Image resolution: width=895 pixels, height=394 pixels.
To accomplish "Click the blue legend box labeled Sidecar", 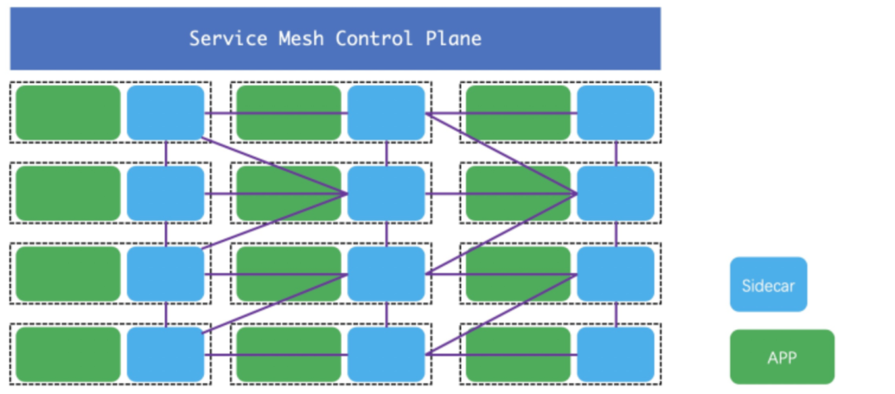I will point(768,285).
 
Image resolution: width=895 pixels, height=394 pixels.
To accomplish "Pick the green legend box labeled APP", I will point(781,357).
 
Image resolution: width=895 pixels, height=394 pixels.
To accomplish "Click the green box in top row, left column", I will point(68,113).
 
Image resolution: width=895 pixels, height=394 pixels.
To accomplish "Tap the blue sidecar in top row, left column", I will point(166,113).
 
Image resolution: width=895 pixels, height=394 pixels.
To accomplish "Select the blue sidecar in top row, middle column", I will point(386,113).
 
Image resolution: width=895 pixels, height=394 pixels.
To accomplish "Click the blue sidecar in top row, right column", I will point(616,113).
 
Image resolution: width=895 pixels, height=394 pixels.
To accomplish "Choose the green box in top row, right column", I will point(518,113).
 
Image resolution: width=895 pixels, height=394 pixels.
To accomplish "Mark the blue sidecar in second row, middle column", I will point(386,193).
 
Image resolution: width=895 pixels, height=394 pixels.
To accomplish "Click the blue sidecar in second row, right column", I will point(616,193).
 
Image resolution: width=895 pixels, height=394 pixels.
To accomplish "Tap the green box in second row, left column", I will point(68,193).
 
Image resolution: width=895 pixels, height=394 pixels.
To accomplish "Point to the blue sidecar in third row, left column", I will point(166,274).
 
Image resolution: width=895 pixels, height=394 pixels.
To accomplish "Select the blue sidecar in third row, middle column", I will point(386,274).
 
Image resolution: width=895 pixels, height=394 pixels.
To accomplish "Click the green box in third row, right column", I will point(518,274).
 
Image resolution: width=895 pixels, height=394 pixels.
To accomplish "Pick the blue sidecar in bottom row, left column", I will point(166,354).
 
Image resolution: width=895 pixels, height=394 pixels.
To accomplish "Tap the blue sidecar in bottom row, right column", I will point(616,354).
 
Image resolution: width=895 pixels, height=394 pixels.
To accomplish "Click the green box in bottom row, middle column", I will point(288,354).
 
